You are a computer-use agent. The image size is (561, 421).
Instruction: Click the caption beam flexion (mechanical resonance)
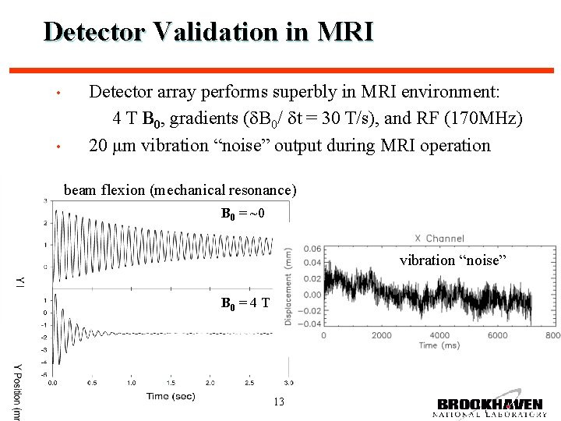coord(180,190)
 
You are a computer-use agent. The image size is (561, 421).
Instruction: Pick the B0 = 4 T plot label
coord(245,302)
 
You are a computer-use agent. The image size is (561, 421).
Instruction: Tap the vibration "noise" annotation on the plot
coord(453,260)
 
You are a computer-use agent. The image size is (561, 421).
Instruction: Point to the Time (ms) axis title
coord(428,345)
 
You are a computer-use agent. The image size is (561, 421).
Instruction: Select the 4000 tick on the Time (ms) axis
coord(439,335)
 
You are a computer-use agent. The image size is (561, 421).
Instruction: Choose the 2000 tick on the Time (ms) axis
coord(381,335)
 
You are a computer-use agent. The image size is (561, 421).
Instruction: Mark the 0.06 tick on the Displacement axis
coord(312,249)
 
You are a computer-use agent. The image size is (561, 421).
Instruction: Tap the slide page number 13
coord(280,402)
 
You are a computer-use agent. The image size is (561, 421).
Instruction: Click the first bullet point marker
coord(58,94)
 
